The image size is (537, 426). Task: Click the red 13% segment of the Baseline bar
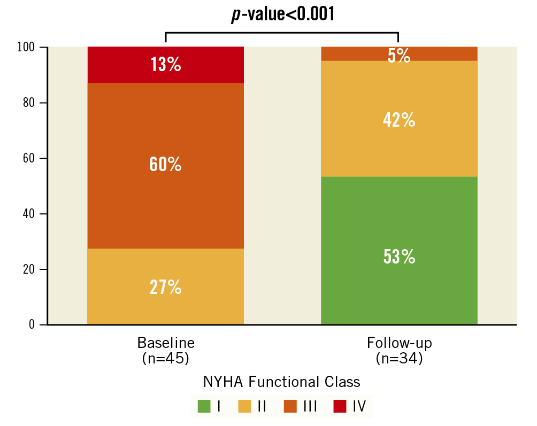point(165,65)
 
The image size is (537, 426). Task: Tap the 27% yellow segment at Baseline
point(165,287)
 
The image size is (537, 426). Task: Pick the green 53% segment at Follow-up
point(399,257)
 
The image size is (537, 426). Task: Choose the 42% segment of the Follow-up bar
point(399,120)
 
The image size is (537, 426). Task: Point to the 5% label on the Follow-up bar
point(399,55)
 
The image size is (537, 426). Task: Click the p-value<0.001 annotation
point(282,14)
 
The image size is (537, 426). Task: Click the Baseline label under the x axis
point(166,343)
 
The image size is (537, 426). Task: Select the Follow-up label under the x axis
point(399,343)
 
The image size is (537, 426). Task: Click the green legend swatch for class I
point(204,406)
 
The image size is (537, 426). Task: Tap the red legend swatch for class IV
point(339,406)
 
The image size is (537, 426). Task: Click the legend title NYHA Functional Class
point(281,382)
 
